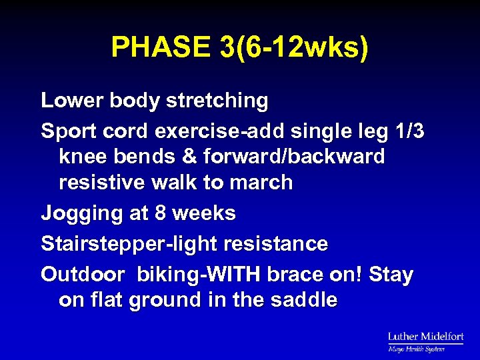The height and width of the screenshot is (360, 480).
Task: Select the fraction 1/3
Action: click(x=407, y=131)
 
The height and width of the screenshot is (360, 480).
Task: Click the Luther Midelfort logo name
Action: click(x=425, y=337)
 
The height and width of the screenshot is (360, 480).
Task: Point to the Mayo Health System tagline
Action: click(x=417, y=349)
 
